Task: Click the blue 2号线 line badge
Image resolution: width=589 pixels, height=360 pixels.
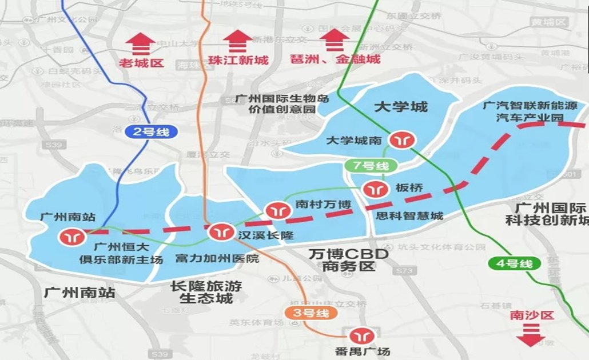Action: click(148, 132)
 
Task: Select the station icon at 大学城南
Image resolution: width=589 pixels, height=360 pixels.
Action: click(399, 139)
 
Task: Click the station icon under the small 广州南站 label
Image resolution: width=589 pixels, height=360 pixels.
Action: click(73, 235)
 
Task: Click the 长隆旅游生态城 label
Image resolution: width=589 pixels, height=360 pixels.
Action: click(206, 292)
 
